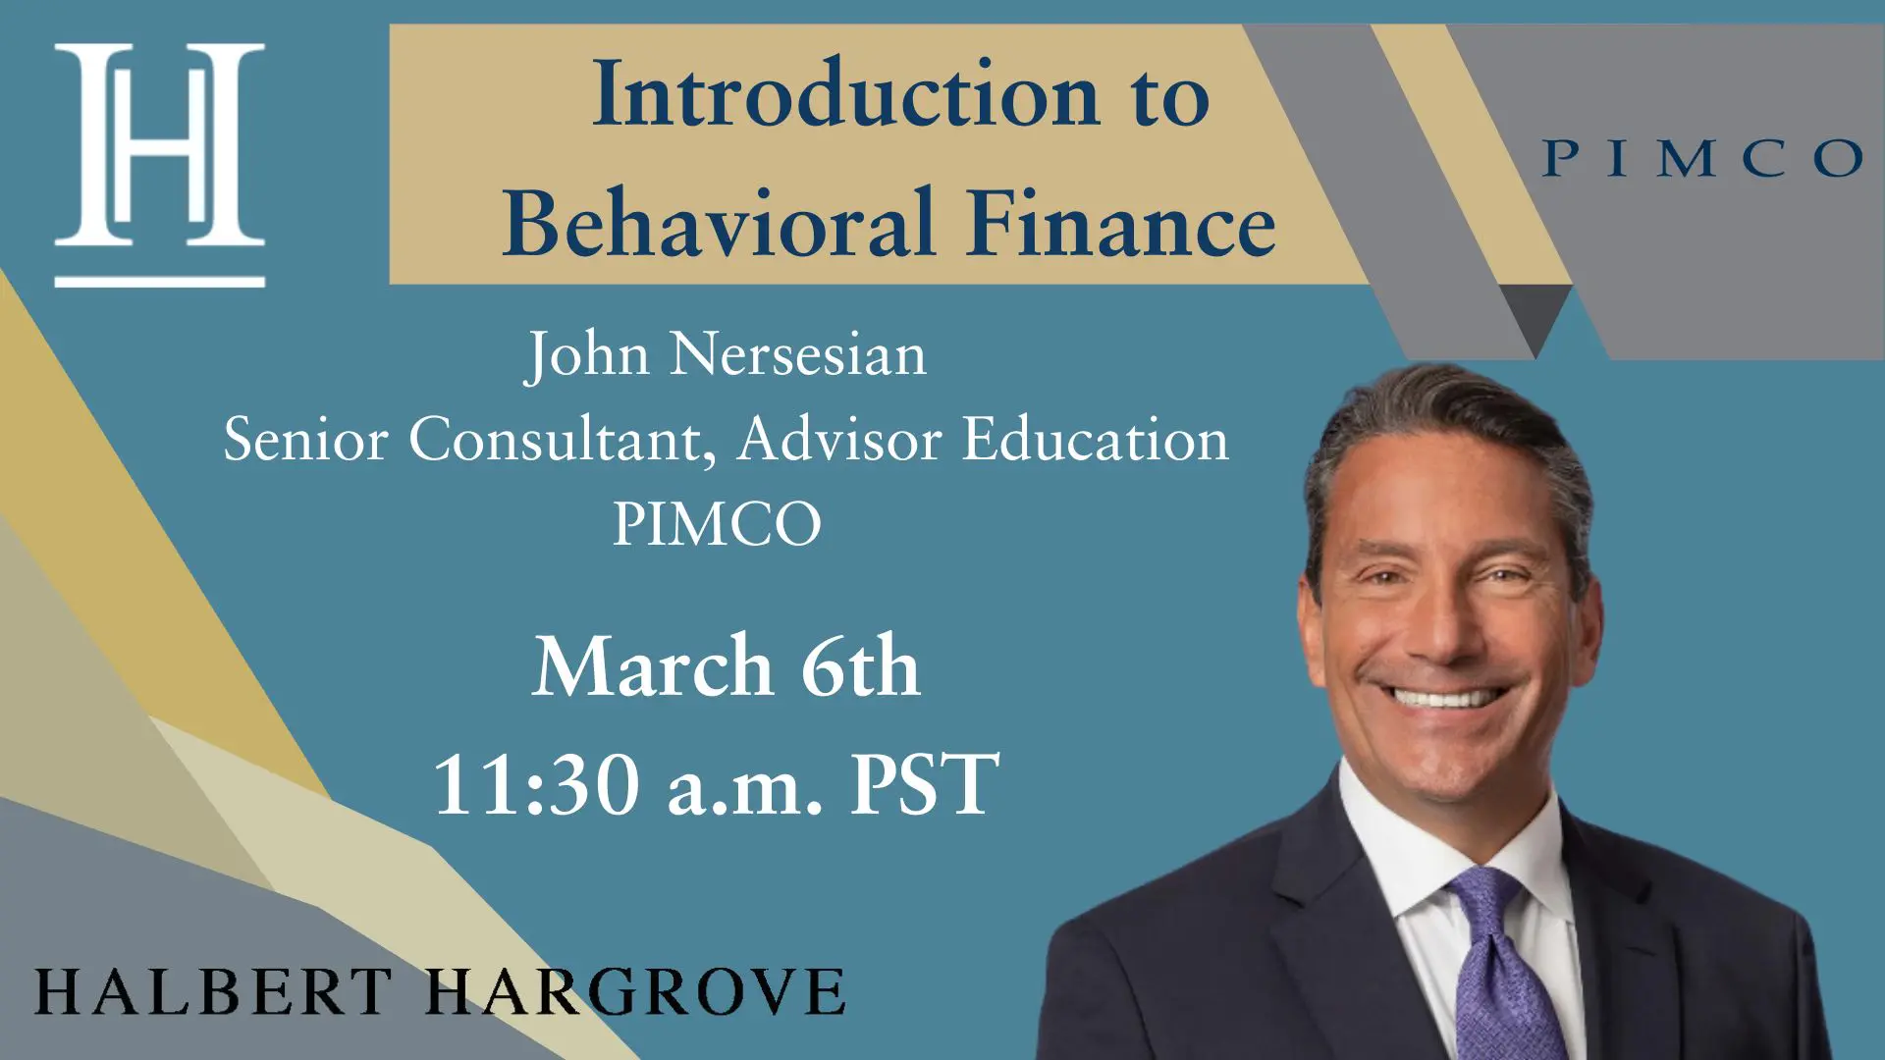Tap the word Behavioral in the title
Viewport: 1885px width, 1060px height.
(x=718, y=223)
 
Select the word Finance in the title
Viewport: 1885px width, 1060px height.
(x=1121, y=223)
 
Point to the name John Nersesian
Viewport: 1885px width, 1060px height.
(x=726, y=354)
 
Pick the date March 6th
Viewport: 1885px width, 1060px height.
(x=726, y=666)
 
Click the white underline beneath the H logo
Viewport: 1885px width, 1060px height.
(x=159, y=282)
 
